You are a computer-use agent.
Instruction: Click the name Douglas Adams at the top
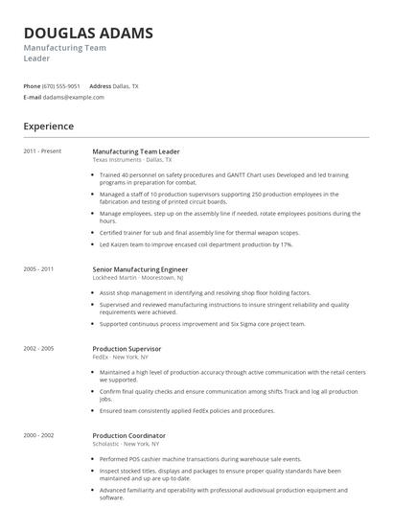[87, 34]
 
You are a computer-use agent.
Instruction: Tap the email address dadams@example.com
[73, 97]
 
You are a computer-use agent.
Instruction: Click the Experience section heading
[48, 126]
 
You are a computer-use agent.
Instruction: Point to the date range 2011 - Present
[42, 151]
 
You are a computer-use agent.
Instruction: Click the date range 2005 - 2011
[39, 270]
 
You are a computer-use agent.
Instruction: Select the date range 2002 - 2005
[39, 349]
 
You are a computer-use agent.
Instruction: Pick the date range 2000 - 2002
[39, 435]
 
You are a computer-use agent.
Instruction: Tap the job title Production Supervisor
[127, 349]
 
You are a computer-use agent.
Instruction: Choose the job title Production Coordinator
[128, 435]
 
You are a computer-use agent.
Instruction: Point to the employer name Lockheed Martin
[113, 278]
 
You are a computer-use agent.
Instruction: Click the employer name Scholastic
[105, 443]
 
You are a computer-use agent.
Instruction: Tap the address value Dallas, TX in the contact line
[126, 86]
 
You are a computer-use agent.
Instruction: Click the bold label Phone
[32, 86]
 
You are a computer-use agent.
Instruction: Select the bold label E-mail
[33, 97]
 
